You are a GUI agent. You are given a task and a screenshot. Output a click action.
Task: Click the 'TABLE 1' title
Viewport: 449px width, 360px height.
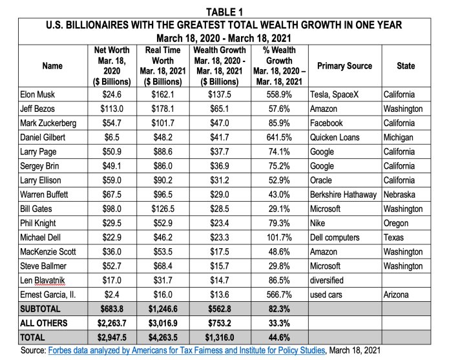click(x=224, y=12)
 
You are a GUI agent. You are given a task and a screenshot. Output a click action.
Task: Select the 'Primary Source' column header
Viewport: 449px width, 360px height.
click(x=344, y=66)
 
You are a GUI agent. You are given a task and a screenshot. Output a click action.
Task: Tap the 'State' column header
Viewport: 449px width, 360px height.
click(x=406, y=66)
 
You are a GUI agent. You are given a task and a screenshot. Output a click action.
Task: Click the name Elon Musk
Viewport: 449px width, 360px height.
click(x=37, y=94)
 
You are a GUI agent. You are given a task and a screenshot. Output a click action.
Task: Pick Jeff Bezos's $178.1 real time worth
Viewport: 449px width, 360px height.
click(x=163, y=109)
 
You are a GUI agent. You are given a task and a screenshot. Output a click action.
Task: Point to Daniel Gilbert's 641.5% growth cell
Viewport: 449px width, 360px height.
click(x=279, y=138)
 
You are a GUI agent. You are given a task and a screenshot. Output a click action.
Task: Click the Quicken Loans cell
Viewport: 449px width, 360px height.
click(x=335, y=138)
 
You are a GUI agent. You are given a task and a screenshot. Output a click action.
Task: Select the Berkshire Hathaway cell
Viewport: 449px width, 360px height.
click(x=343, y=195)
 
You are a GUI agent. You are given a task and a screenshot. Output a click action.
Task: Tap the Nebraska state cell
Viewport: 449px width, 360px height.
click(x=399, y=195)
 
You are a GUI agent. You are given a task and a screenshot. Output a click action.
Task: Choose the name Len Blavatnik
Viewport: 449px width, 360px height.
click(x=43, y=281)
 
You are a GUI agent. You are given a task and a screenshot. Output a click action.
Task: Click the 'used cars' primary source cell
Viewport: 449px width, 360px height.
click(x=326, y=295)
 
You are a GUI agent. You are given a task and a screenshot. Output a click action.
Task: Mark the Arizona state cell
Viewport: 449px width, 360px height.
click(x=396, y=295)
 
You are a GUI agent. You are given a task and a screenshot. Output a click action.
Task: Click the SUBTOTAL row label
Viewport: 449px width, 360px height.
click(x=40, y=309)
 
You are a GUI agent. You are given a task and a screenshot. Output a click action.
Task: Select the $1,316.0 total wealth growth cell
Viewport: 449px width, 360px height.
click(x=220, y=337)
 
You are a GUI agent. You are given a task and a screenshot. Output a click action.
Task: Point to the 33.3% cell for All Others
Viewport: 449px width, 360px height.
click(x=279, y=323)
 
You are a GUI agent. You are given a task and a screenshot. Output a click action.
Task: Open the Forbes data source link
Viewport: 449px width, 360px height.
click(x=187, y=350)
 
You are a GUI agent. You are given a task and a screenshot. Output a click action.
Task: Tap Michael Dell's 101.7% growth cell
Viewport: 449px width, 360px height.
click(x=279, y=237)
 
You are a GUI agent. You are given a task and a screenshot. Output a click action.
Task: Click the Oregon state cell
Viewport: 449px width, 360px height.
click(x=396, y=224)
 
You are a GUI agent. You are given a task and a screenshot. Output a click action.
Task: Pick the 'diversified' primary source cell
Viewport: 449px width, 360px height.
click(x=327, y=281)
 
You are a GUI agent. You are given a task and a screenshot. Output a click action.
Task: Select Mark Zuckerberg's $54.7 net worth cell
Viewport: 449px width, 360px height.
click(x=112, y=123)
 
